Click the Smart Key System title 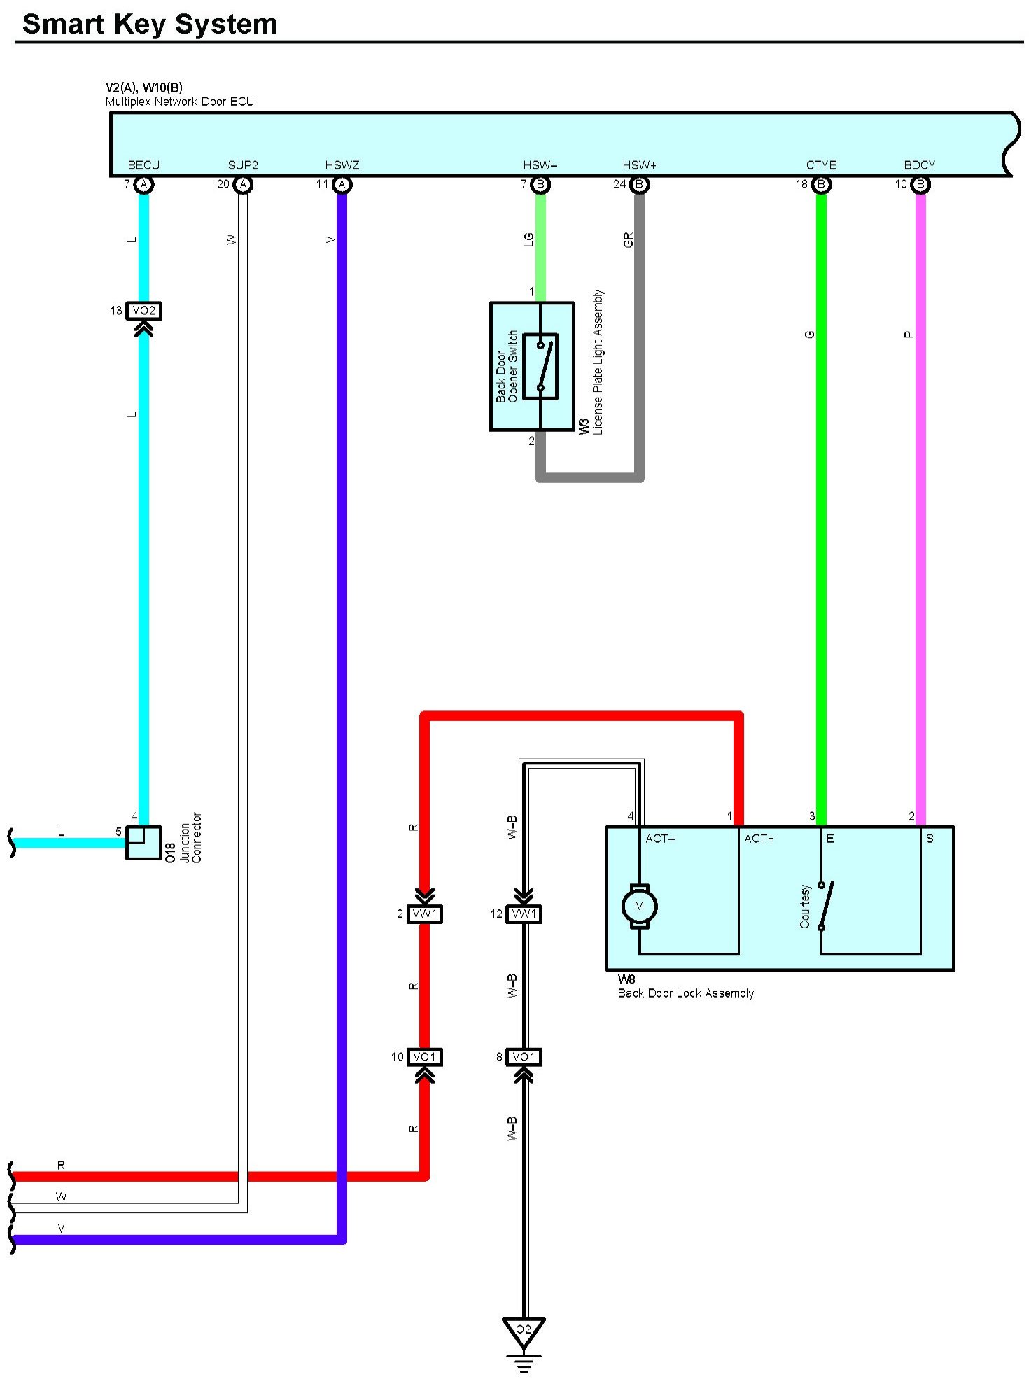coord(150,24)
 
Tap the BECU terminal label coord(143,165)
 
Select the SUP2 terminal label coord(243,165)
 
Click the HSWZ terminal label coord(342,165)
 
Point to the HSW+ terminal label coord(640,165)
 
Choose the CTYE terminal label coord(821,165)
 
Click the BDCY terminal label coord(920,165)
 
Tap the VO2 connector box coord(143,311)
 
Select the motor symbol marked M coord(639,906)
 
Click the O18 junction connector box coord(143,843)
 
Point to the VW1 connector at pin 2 coord(425,914)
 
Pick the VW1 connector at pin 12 coord(524,914)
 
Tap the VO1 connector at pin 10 coord(425,1057)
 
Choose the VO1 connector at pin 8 coord(524,1057)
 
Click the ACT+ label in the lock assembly coord(759,839)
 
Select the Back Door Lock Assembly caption coord(685,993)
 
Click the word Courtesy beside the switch coord(805,906)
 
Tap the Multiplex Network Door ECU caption coord(179,101)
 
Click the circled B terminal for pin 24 coord(639,185)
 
